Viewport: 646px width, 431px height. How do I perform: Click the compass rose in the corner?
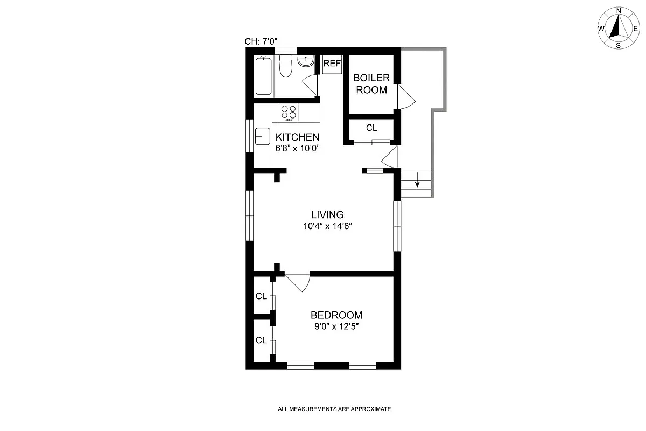tap(618, 28)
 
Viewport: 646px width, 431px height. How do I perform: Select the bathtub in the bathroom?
tap(263, 75)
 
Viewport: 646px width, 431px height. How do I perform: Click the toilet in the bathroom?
tap(286, 66)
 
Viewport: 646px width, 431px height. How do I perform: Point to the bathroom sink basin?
tap(306, 61)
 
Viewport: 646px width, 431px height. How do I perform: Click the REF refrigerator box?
tap(332, 64)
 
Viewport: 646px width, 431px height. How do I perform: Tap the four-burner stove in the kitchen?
tap(289, 112)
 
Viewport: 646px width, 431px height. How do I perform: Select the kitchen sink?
tap(262, 136)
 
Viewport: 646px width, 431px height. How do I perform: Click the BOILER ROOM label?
tap(371, 84)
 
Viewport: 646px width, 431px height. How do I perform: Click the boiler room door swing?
tap(405, 98)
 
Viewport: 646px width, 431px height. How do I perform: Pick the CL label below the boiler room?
tap(371, 128)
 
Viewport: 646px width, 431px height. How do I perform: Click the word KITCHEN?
tap(297, 137)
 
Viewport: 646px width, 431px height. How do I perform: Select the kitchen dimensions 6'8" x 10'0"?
tap(298, 149)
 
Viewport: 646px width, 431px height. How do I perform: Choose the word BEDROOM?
tap(336, 315)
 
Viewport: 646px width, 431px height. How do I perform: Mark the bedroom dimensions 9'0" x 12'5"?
tap(335, 327)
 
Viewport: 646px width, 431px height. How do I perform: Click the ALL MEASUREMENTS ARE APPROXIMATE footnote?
tap(334, 409)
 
